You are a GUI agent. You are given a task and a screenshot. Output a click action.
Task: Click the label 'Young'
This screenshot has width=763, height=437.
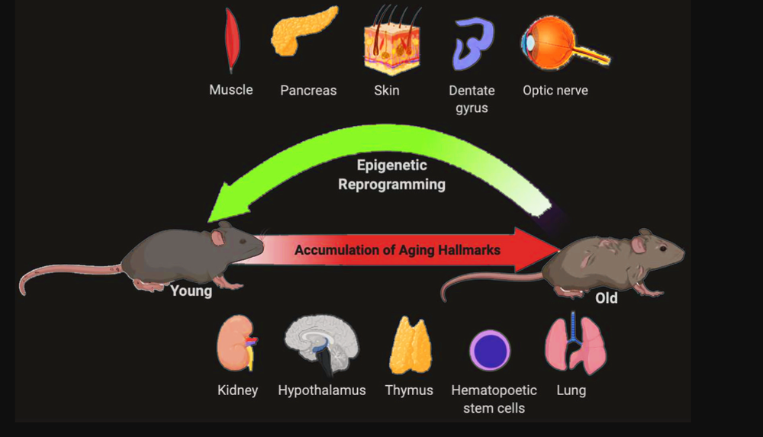[x=191, y=291]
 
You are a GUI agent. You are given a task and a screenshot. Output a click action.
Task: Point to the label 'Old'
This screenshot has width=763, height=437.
[x=606, y=298]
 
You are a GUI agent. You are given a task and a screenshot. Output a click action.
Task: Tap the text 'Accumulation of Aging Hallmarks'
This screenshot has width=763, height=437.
[x=398, y=250]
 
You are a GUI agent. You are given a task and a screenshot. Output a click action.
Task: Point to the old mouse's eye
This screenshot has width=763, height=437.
[x=662, y=249]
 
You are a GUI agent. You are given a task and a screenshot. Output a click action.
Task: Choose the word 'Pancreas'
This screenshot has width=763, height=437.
[x=308, y=91]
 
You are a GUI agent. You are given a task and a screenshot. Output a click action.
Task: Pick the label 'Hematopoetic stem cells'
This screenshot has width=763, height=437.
[x=494, y=399]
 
